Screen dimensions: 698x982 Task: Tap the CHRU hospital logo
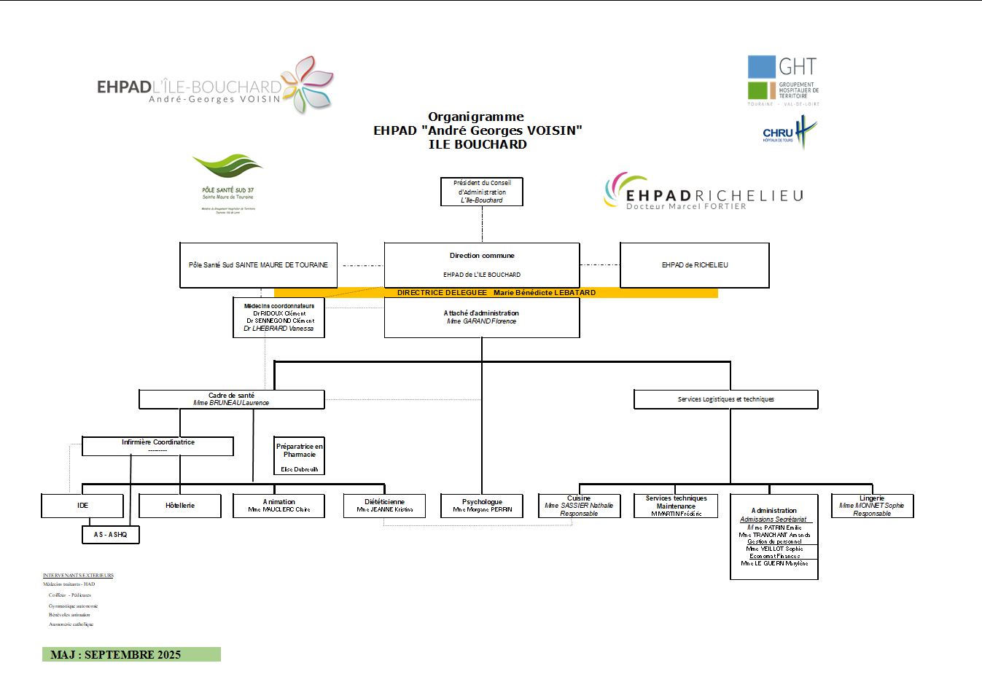[x=790, y=133]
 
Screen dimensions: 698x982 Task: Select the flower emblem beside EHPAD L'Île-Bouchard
[x=308, y=84]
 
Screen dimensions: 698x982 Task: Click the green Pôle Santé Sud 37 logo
[x=227, y=182]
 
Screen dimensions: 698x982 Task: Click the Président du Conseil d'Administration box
[x=482, y=192]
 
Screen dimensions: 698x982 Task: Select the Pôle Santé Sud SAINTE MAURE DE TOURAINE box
[x=258, y=265]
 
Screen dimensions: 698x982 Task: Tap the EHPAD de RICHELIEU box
[x=694, y=265]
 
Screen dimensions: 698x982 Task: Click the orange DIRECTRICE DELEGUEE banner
[x=496, y=293]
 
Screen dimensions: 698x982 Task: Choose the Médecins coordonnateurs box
[x=278, y=317]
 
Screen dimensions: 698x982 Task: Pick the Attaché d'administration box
[x=481, y=317]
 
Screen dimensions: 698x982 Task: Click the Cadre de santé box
[x=231, y=399]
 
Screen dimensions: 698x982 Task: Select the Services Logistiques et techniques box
[x=725, y=399]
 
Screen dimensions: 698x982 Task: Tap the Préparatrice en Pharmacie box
[x=299, y=456]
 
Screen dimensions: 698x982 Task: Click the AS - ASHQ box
[x=110, y=535]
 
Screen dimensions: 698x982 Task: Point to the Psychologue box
[x=482, y=506]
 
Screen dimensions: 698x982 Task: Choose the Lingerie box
[x=872, y=506]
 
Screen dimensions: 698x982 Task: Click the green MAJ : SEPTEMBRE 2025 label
[x=131, y=654]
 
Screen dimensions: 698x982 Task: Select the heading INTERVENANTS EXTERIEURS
[x=78, y=576]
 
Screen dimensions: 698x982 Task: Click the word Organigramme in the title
[x=476, y=117]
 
